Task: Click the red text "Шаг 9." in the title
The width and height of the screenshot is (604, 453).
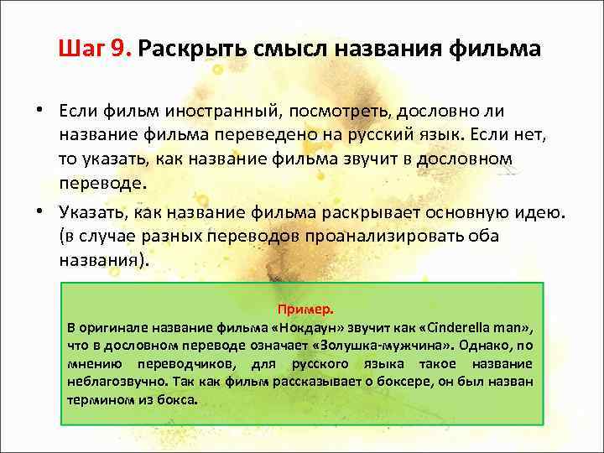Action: [x=96, y=48]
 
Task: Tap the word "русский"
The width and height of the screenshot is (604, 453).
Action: [x=388, y=135]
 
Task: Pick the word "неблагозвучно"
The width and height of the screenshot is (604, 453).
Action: [x=115, y=381]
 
